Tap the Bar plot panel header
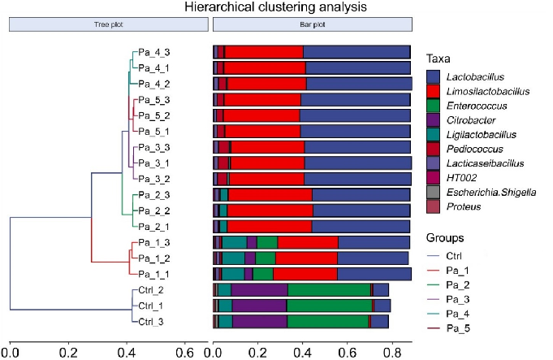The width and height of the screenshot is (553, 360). tap(313, 25)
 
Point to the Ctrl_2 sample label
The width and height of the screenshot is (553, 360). tap(151, 290)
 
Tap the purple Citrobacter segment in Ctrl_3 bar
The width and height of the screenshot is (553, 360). tap(259, 321)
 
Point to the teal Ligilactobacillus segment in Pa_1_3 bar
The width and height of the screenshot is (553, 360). tap(234, 242)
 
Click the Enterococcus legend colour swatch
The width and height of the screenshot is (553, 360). tap(434, 106)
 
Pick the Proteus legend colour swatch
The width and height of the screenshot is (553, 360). tap(434, 206)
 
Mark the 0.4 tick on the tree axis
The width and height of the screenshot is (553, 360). tap(127, 353)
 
